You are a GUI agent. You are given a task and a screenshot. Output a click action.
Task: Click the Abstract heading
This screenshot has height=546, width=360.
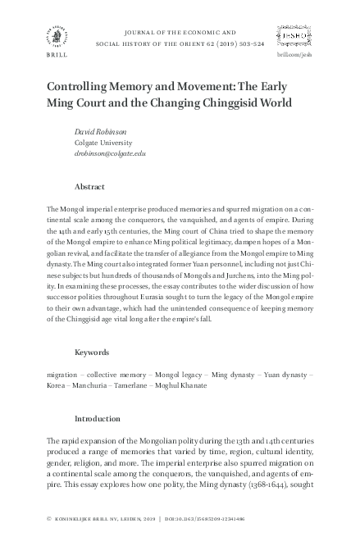[x=89, y=187]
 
